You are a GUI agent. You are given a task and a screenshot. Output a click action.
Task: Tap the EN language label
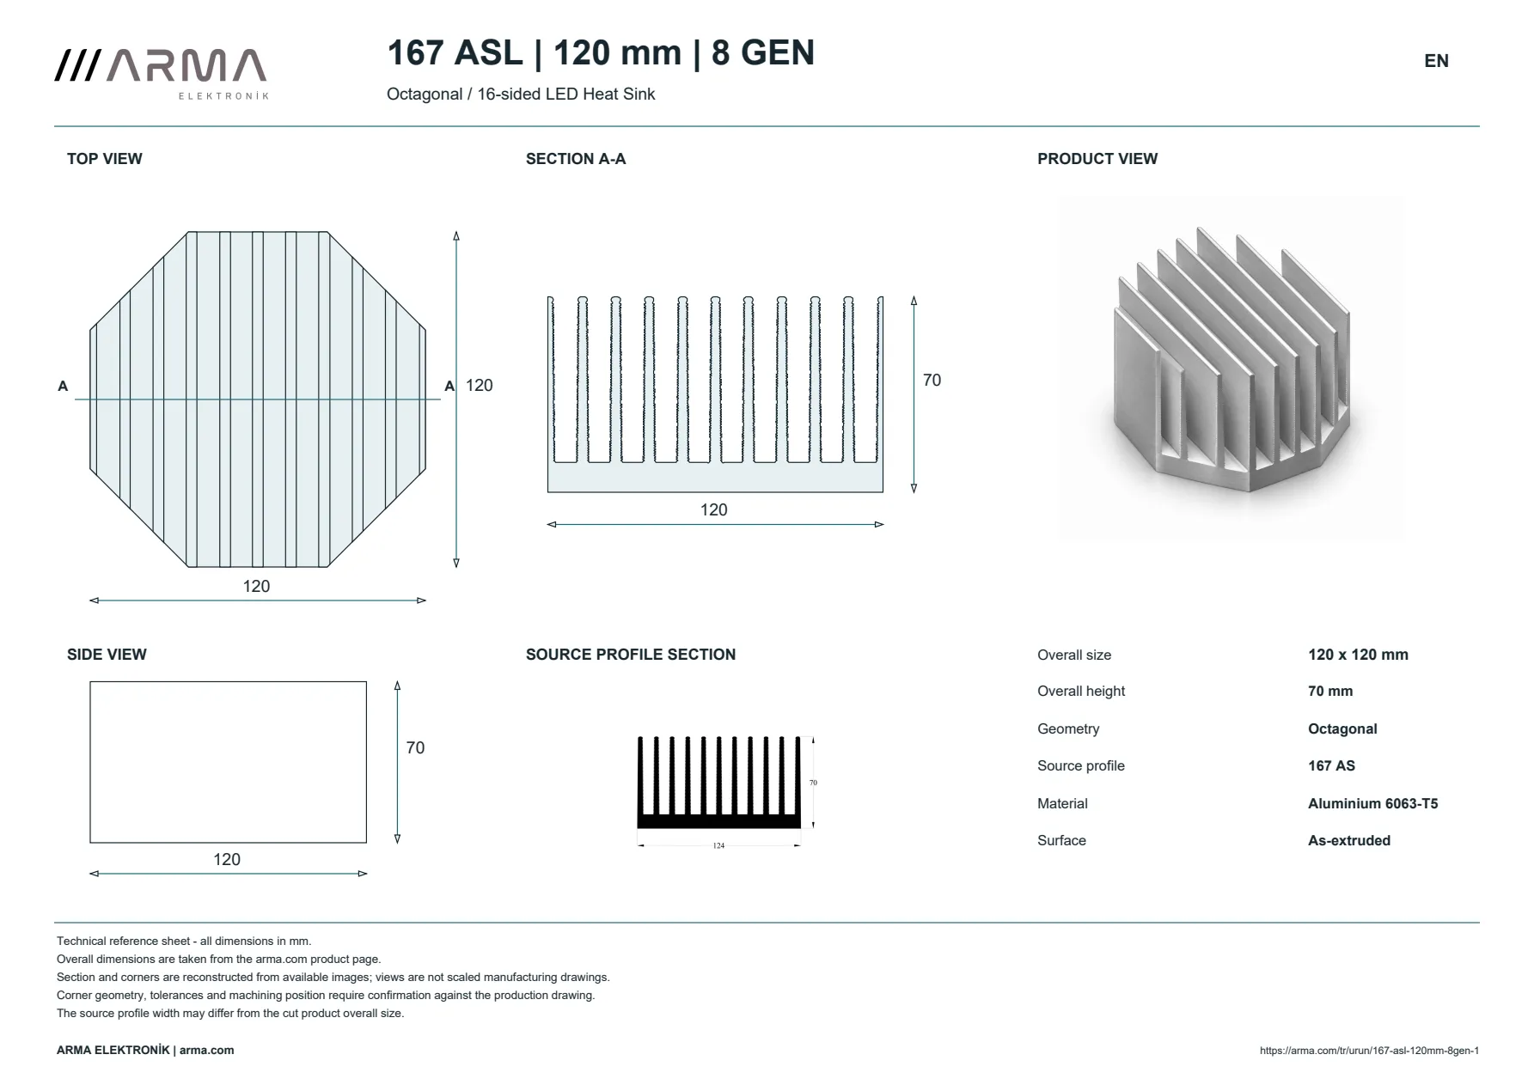click(1436, 61)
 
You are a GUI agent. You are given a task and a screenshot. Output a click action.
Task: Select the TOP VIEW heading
click(105, 159)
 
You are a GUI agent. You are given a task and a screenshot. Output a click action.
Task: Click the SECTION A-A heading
click(576, 159)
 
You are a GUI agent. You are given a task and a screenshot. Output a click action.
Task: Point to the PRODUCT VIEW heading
click(1097, 159)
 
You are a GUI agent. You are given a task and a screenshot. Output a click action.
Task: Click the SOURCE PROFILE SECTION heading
click(631, 655)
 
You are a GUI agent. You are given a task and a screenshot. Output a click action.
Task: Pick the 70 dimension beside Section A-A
click(932, 381)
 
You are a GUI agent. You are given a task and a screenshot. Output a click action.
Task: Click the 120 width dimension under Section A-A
click(714, 510)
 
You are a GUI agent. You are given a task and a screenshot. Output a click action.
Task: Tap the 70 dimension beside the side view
click(415, 748)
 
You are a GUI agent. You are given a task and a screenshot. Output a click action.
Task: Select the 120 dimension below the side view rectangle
click(227, 860)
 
